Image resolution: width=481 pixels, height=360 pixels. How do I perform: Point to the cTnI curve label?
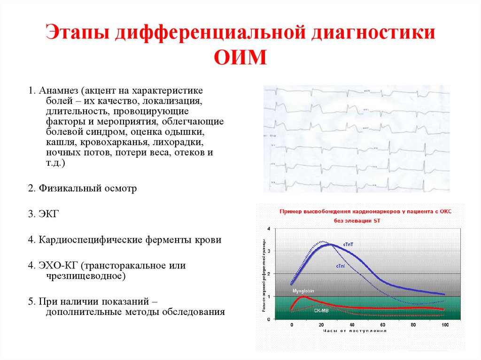(x=341, y=266)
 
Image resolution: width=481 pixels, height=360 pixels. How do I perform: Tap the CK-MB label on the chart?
(x=321, y=310)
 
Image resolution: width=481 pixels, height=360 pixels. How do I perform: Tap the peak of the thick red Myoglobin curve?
(x=304, y=297)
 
